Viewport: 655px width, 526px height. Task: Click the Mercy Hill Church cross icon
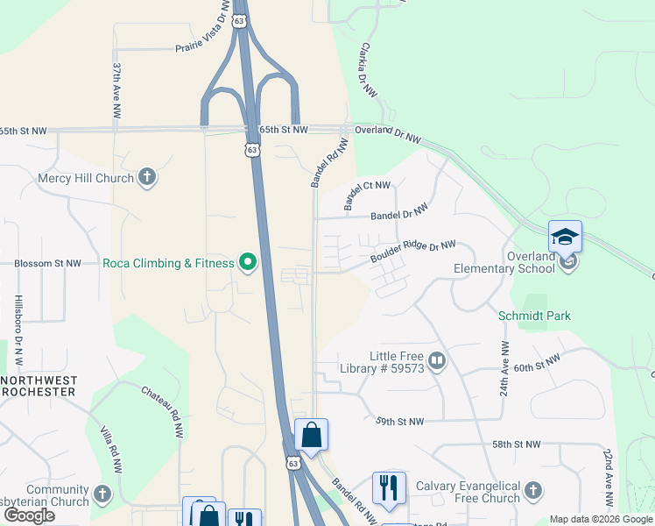pos(147,178)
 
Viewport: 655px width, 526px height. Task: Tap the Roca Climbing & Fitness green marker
pos(249,262)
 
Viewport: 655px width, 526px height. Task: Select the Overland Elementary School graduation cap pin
pos(565,238)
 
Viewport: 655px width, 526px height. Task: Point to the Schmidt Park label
pos(534,316)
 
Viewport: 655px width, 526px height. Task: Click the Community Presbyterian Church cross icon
pos(103,494)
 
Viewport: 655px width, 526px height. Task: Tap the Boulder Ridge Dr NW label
pos(412,252)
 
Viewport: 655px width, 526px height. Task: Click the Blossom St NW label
pos(47,263)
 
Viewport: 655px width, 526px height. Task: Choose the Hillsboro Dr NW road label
pos(18,330)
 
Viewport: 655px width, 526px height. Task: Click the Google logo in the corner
pos(29,515)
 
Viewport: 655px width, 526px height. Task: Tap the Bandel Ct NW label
pos(367,197)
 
